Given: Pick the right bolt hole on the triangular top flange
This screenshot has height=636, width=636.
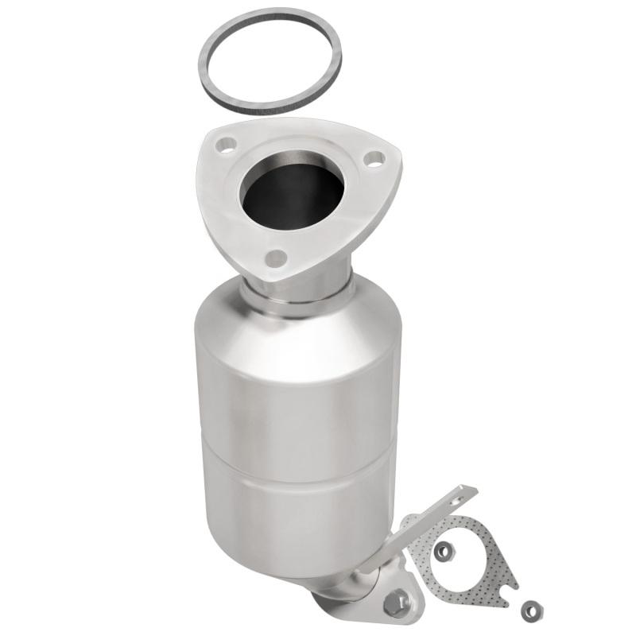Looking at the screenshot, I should pyautogui.click(x=370, y=159).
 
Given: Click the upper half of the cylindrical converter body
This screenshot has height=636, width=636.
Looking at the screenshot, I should pyautogui.click(x=294, y=374).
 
